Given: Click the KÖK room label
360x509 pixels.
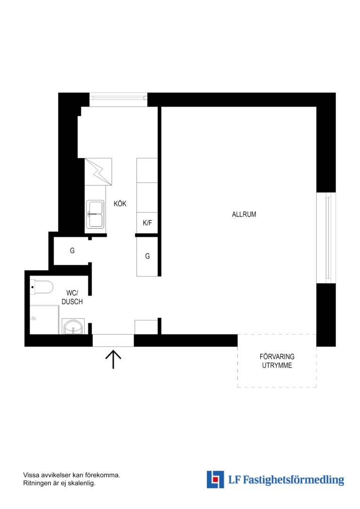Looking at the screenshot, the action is pos(120,204).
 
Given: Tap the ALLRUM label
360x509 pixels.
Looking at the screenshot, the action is pos(244,214).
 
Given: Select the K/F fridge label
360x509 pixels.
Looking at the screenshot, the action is pos(147,222).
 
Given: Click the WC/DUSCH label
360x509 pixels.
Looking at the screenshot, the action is pos(72,297).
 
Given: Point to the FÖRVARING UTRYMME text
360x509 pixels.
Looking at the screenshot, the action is pos(277,361).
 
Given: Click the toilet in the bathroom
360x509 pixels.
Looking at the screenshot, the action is pos(41,287).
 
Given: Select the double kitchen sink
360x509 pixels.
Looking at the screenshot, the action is pos(95,213).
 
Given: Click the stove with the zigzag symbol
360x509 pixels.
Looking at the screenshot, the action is pos(98,172).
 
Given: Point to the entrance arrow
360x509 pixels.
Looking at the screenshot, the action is pos(113,359).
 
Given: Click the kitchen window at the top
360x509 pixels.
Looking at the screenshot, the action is pos(118,98).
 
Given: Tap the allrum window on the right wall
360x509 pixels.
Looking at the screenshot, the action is pos(328,238).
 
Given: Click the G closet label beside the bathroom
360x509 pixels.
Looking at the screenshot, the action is pos(72,251).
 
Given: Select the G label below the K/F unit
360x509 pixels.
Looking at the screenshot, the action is pos(147,256).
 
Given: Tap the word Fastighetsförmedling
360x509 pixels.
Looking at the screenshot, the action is pos(294,480).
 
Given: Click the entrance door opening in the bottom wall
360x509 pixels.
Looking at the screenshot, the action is pos(113,341).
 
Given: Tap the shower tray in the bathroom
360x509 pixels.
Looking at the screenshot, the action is pos(44,320).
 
